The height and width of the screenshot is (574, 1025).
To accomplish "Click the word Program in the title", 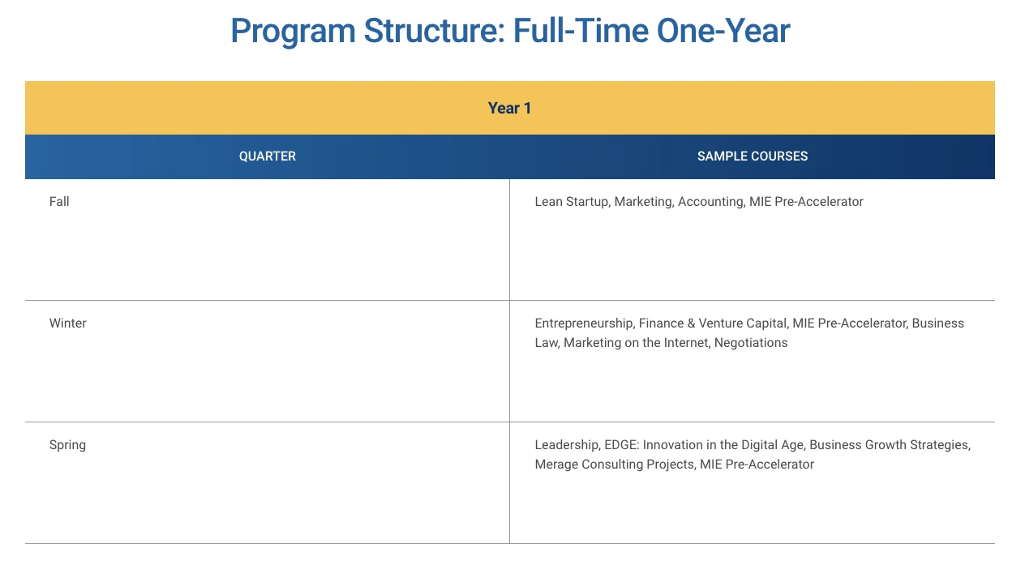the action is click(x=293, y=32).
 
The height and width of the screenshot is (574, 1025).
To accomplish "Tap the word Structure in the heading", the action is click(x=435, y=31).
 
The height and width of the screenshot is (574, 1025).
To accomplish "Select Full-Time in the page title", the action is click(x=581, y=31).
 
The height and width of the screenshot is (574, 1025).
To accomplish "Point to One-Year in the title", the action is click(x=723, y=31).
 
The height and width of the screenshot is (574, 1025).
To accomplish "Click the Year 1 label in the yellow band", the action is click(x=509, y=109).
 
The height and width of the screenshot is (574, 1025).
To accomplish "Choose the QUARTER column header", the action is click(x=268, y=156).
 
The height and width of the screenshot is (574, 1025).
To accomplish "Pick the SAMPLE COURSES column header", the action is click(x=753, y=156).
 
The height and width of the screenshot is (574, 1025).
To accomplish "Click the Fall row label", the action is click(x=59, y=202).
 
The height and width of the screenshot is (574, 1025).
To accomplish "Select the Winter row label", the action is click(x=68, y=323).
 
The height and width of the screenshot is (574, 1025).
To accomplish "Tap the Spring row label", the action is click(x=68, y=445).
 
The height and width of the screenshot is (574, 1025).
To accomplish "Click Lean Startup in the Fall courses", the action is click(x=572, y=202).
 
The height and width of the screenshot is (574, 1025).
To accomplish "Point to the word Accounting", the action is click(x=711, y=202).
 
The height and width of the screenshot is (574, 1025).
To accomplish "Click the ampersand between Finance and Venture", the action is click(x=691, y=323).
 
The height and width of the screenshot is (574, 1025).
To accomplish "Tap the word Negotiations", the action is click(x=751, y=343).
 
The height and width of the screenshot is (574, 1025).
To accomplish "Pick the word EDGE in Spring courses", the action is click(x=621, y=445).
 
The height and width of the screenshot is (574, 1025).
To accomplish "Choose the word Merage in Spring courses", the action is click(x=556, y=465).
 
